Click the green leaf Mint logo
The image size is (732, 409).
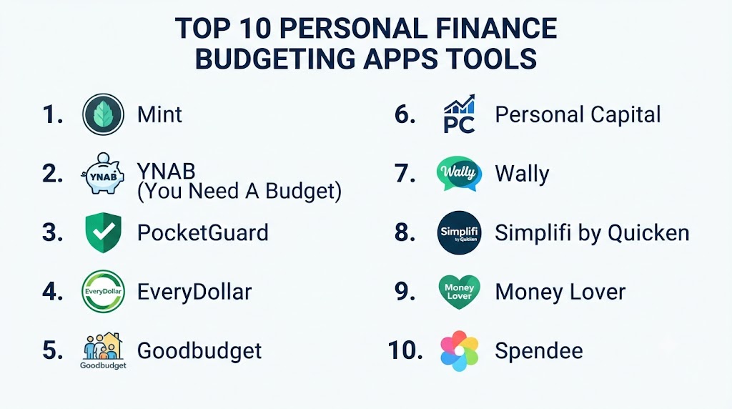click(x=103, y=114)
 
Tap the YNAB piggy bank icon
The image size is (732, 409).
click(x=103, y=173)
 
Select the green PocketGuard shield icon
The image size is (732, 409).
click(x=103, y=232)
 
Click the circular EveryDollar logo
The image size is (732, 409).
click(x=103, y=291)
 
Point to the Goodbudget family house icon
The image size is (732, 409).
click(x=103, y=351)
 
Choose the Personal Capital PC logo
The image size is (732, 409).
click(x=460, y=114)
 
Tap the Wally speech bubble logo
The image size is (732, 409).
click(x=460, y=173)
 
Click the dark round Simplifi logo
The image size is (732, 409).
click(x=460, y=232)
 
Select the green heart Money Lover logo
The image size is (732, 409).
click(x=460, y=291)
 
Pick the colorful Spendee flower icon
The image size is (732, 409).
click(x=460, y=350)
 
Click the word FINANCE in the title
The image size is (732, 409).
click(x=496, y=28)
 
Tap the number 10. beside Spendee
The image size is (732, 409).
click(x=405, y=350)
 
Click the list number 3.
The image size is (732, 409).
click(x=52, y=232)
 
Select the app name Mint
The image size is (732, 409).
click(x=159, y=114)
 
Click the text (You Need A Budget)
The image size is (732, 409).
click(x=239, y=191)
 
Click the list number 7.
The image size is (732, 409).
click(x=405, y=173)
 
